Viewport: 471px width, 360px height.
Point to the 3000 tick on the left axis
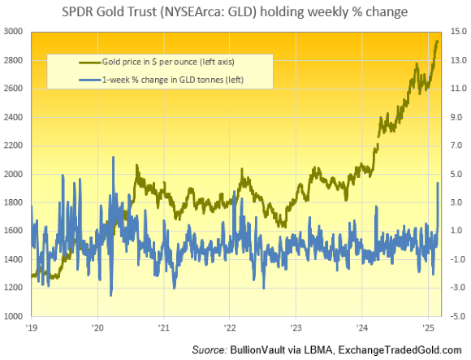click(15, 32)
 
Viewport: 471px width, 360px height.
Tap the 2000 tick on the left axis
click(15, 174)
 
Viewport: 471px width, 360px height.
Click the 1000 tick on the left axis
click(15, 316)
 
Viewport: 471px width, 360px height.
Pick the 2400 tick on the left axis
click(15, 117)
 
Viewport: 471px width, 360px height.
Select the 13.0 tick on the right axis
click(456, 60)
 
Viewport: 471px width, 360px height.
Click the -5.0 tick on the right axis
click(456, 316)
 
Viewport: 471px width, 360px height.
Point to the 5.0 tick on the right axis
click(456, 174)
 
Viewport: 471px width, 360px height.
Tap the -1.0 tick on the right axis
click(456, 259)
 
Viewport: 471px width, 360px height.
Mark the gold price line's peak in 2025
click(438, 41)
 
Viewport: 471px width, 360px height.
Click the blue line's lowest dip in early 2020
click(110, 296)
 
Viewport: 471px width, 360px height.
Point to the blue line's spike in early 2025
click(439, 184)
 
